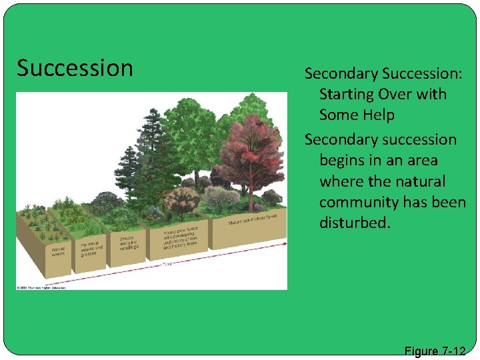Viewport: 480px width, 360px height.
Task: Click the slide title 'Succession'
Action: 75,68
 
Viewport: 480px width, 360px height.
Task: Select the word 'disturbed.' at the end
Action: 353,222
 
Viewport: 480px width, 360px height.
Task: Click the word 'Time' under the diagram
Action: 167,265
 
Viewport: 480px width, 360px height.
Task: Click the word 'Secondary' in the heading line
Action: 339,73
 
